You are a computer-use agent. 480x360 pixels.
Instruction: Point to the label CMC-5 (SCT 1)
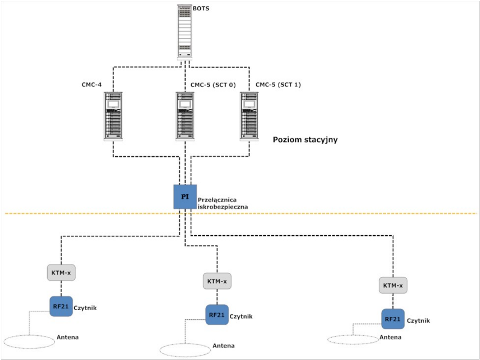pos(278,84)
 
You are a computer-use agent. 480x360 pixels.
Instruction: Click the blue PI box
pos(185,196)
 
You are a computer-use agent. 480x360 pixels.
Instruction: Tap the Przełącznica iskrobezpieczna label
pos(222,203)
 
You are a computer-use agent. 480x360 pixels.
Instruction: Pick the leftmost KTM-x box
pos(60,272)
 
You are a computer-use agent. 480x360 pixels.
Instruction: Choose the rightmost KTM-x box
pos(393,285)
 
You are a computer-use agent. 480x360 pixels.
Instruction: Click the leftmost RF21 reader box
pos(61,306)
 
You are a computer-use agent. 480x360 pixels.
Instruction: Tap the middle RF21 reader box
pos(217,315)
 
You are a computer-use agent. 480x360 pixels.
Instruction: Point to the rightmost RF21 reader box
pos(393,319)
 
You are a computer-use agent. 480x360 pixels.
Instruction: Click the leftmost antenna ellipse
pos(29,341)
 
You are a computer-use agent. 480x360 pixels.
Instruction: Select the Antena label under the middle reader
pos(224,346)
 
